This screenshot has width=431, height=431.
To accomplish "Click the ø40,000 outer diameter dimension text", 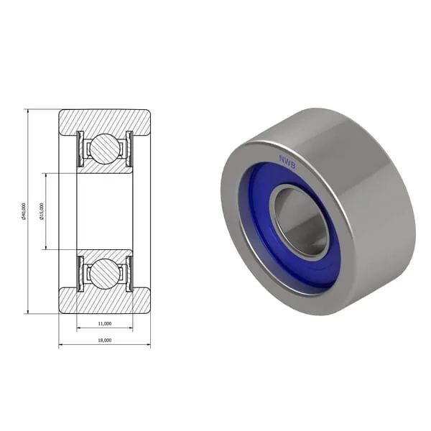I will tap(24, 211).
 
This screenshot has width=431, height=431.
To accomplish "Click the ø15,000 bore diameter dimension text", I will tap(42, 211).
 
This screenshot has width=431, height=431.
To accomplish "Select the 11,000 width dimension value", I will tap(105, 325).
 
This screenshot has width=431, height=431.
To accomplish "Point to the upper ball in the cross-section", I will tap(105, 149).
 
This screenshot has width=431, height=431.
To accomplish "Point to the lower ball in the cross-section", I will tap(105, 274).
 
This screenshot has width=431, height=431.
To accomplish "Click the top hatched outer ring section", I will tap(105, 120).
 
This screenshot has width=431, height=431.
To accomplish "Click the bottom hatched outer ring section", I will tap(105, 302).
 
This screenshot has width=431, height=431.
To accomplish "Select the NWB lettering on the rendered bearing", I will tap(287, 163).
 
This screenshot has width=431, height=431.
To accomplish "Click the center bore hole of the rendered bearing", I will tap(300, 221).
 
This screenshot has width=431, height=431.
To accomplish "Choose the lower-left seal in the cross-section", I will tap(80, 274).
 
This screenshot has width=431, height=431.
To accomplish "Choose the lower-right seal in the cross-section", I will tap(129, 274).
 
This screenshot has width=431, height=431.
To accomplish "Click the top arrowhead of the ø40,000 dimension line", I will tap(27, 112).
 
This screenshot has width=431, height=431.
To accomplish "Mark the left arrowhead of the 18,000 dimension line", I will tap(62, 346).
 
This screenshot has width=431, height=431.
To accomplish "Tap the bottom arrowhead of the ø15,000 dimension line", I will tap(46, 246).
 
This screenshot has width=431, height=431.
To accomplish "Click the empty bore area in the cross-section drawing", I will tap(105, 211).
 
